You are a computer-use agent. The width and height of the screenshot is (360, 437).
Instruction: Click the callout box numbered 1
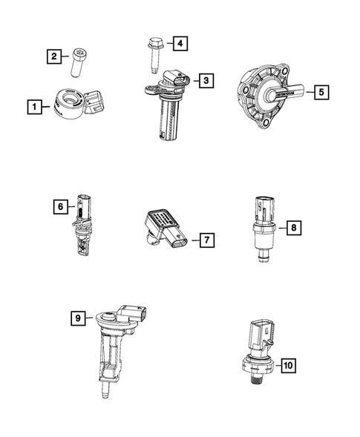click(32, 108)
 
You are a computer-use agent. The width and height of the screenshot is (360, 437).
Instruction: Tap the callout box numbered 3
click(206, 79)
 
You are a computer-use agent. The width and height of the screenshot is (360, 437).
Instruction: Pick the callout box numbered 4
click(179, 44)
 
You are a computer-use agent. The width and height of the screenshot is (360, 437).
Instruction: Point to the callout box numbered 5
click(320, 93)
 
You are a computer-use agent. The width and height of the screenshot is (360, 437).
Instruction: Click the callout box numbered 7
click(206, 240)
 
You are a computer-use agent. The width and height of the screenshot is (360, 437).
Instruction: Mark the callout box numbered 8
click(295, 227)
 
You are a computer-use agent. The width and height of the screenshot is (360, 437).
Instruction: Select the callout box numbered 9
click(76, 318)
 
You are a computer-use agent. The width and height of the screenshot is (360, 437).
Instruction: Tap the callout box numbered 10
click(287, 365)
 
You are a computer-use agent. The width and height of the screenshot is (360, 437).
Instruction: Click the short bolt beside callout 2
click(78, 61)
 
